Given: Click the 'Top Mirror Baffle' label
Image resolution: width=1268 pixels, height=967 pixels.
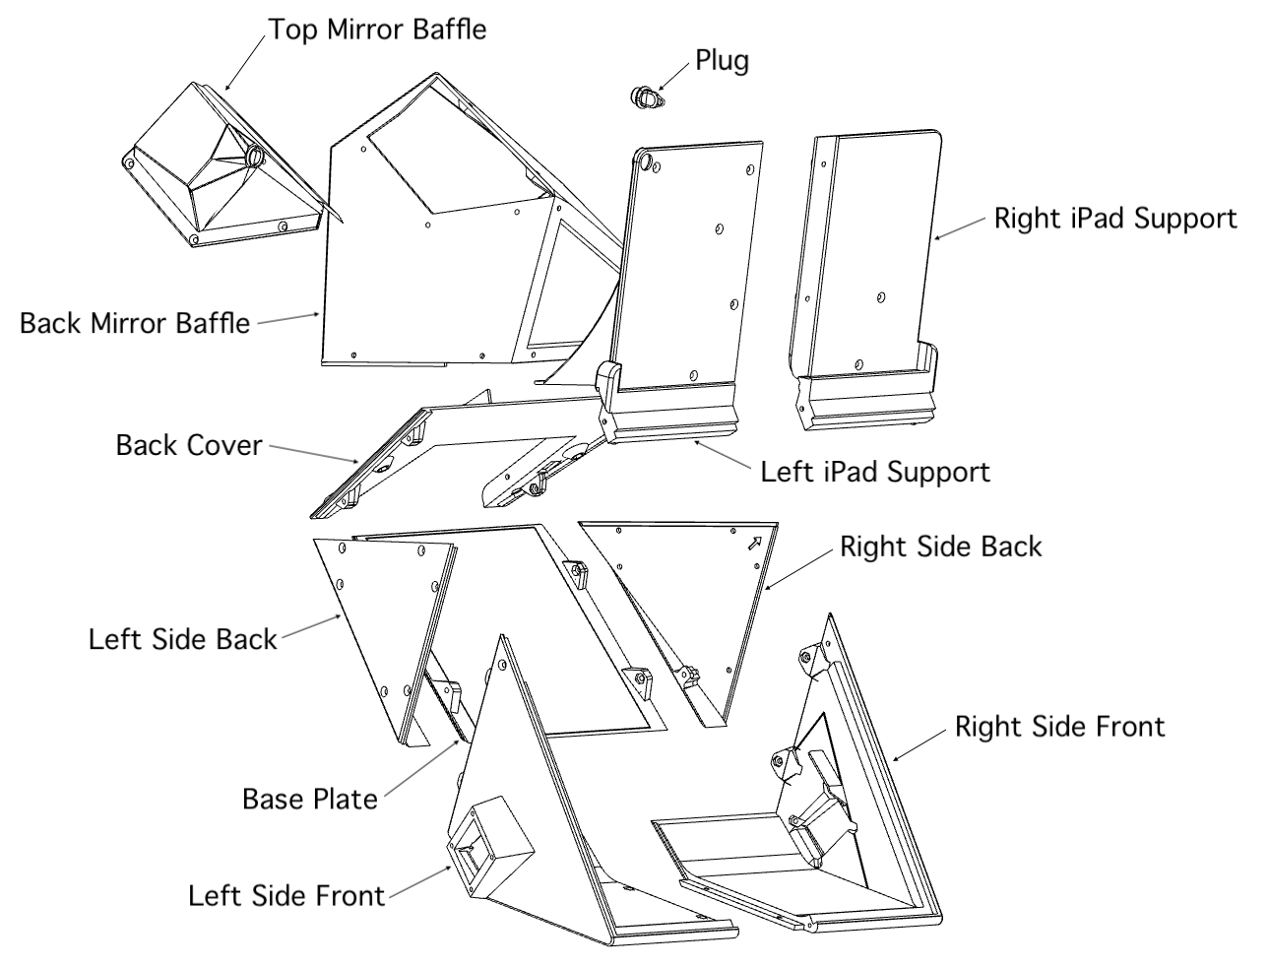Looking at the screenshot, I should (377, 29).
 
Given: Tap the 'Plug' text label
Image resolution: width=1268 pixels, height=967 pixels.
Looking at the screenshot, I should (722, 60).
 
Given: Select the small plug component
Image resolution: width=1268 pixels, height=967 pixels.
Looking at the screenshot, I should (645, 97).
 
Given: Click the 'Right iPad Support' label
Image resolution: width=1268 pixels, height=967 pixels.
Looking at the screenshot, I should (1114, 218).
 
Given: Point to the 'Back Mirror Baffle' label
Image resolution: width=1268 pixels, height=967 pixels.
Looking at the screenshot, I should (135, 323).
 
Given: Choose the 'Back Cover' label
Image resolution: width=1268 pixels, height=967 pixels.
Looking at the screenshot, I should (189, 444).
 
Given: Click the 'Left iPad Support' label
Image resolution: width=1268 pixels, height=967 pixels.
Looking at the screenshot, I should (875, 471).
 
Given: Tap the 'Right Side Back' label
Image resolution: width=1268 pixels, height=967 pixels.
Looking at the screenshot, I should (940, 547).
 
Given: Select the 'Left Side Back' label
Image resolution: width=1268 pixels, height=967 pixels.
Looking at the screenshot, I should (183, 639).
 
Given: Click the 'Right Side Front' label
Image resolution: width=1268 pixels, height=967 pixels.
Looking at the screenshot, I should (1059, 727).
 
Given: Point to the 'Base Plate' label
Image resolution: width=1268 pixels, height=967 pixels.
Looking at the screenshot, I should (310, 798).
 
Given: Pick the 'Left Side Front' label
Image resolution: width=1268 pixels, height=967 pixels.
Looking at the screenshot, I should (286, 896).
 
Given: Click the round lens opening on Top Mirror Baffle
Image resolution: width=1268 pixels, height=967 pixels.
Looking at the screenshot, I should (254, 156).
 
